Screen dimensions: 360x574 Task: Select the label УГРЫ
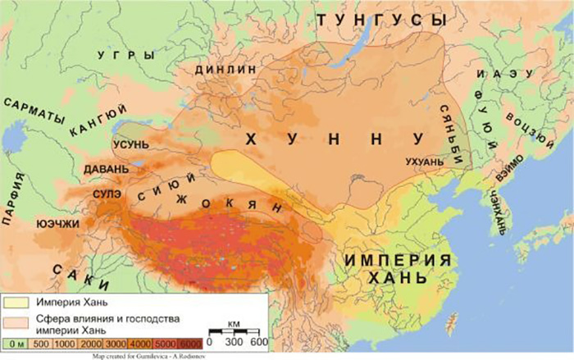125,55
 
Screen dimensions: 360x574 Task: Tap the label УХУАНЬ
424,162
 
